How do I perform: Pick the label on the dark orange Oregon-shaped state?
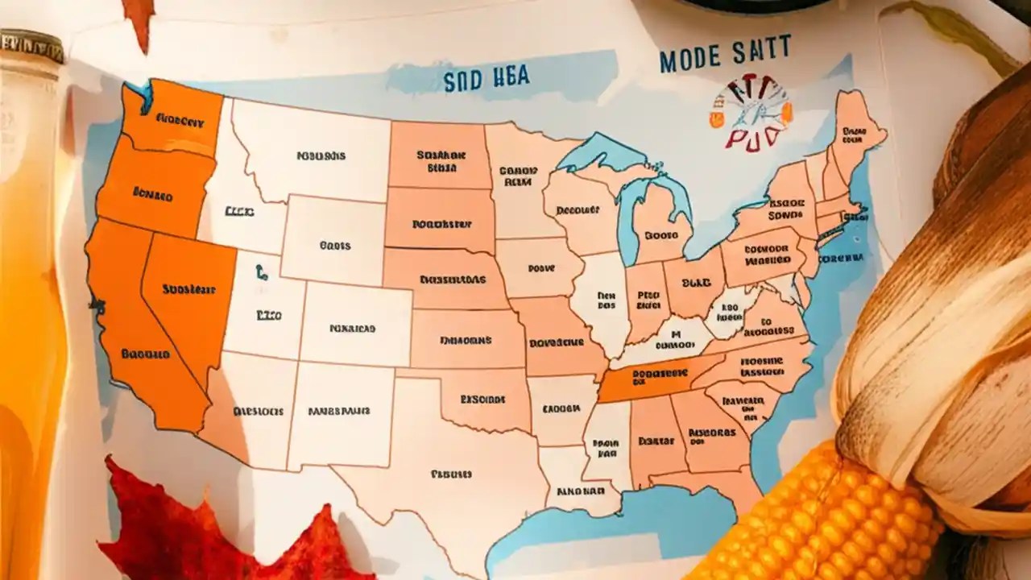[x=153, y=194]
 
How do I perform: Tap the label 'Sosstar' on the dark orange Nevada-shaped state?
[x=188, y=288]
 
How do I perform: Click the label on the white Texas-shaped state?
[x=451, y=474]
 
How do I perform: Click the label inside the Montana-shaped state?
[x=321, y=156]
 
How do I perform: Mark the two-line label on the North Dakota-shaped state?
[x=441, y=161]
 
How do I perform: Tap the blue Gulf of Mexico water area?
[x=612, y=524]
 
